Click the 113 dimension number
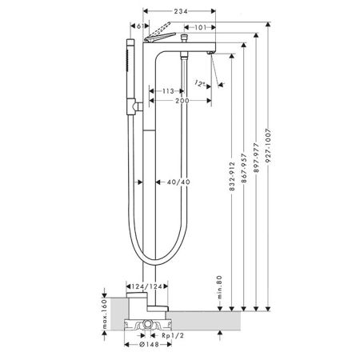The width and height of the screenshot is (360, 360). pyautogui.click(x=167, y=91)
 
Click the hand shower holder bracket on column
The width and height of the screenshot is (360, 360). pyautogui.click(x=138, y=104)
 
